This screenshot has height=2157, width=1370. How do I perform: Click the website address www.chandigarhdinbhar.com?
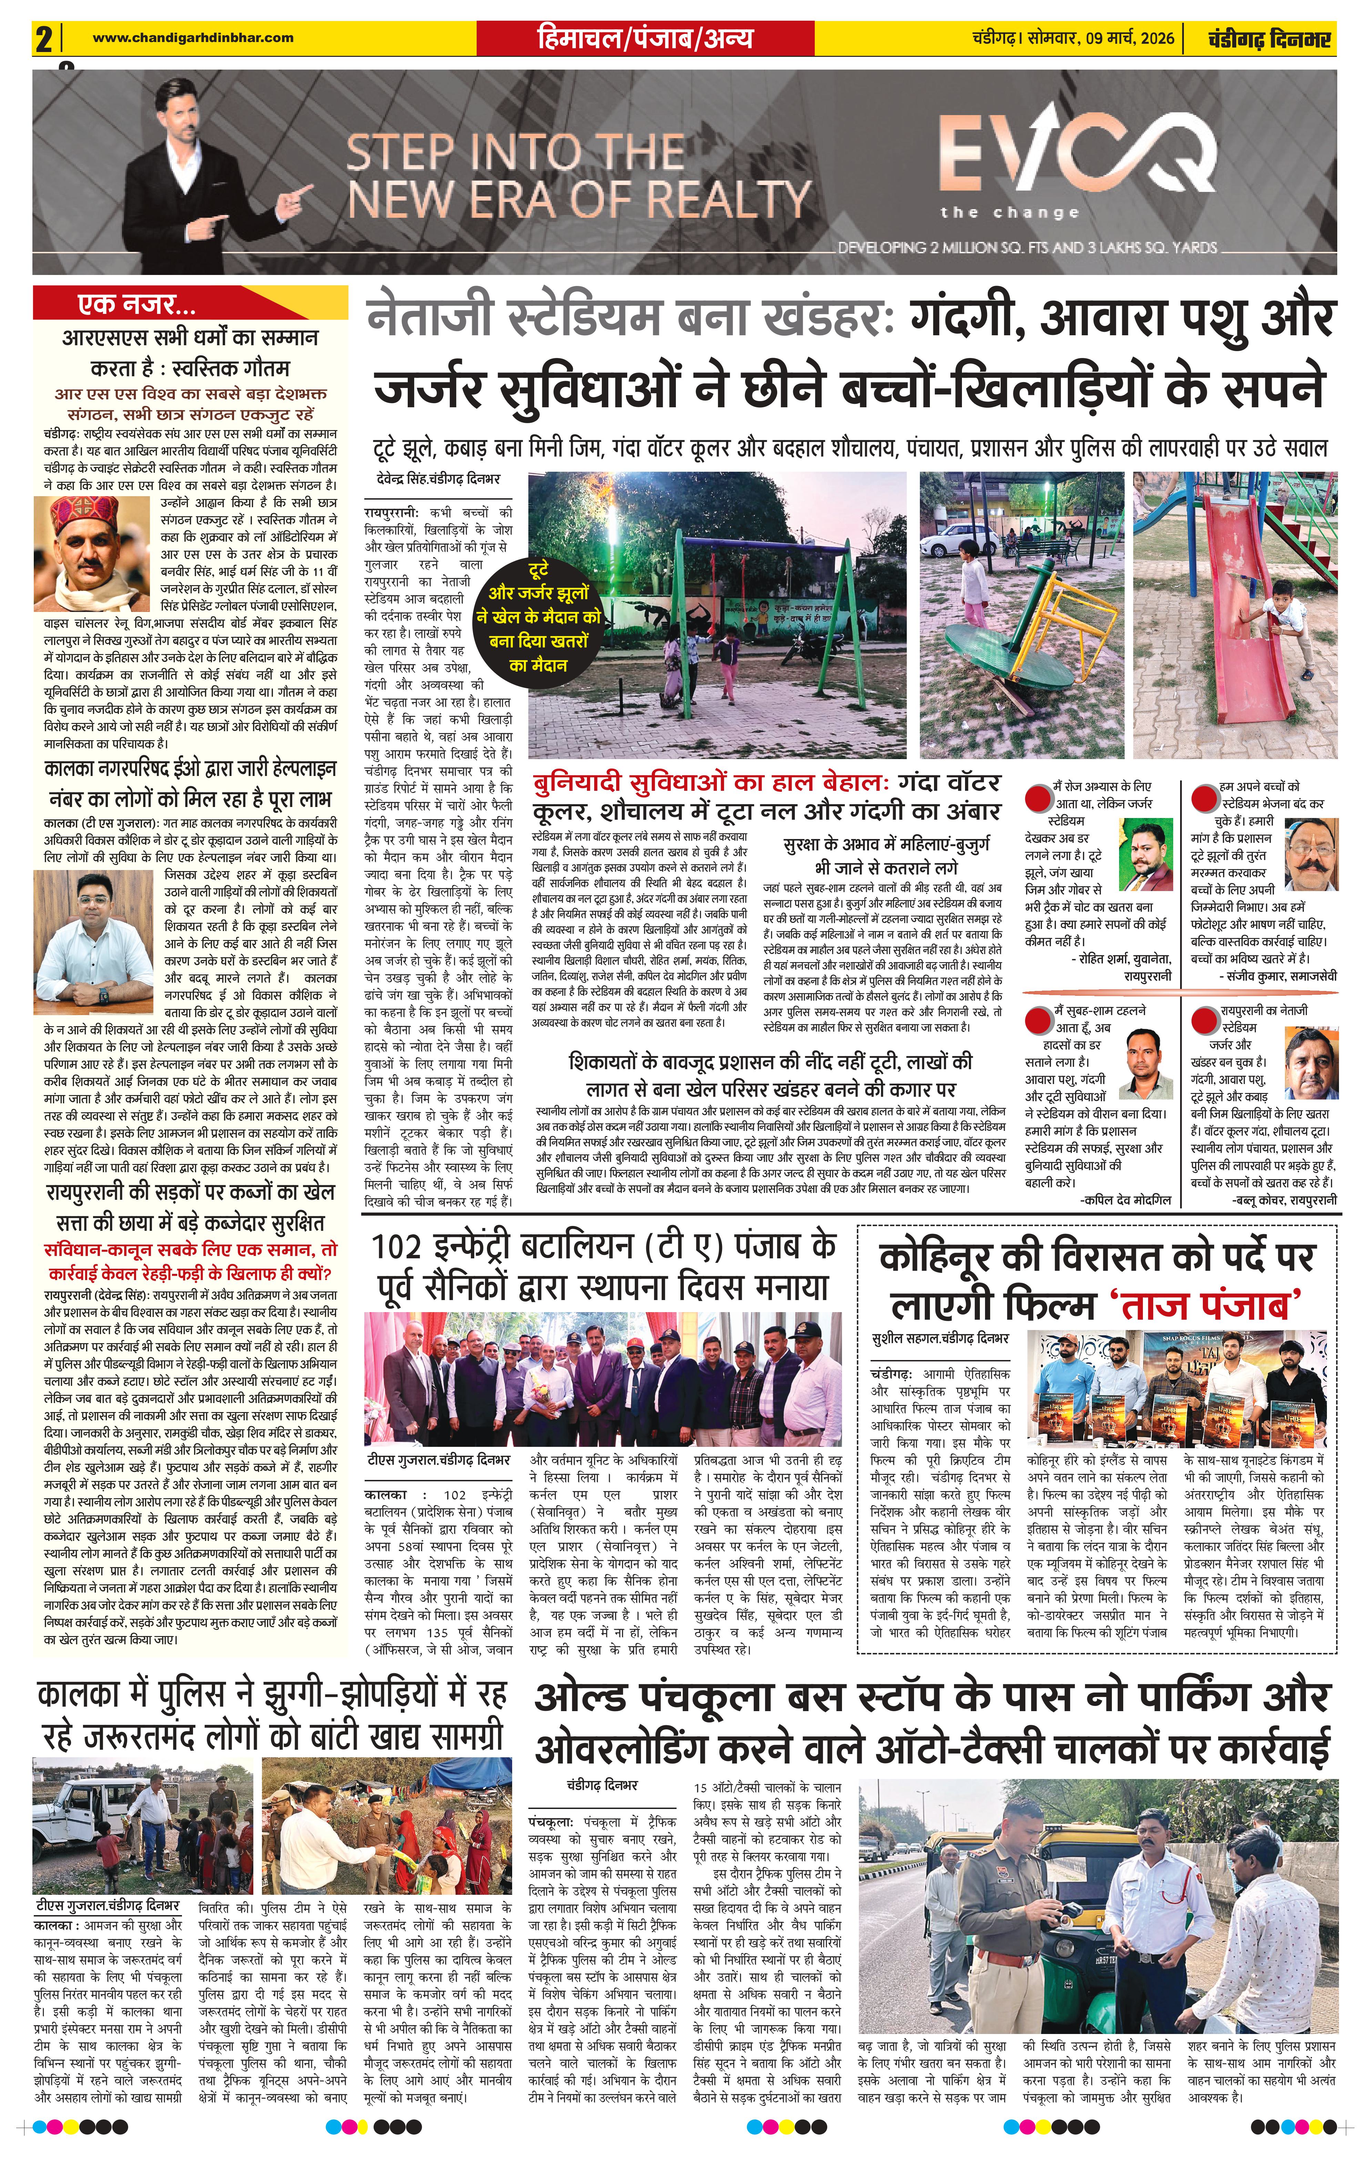tap(193, 38)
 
